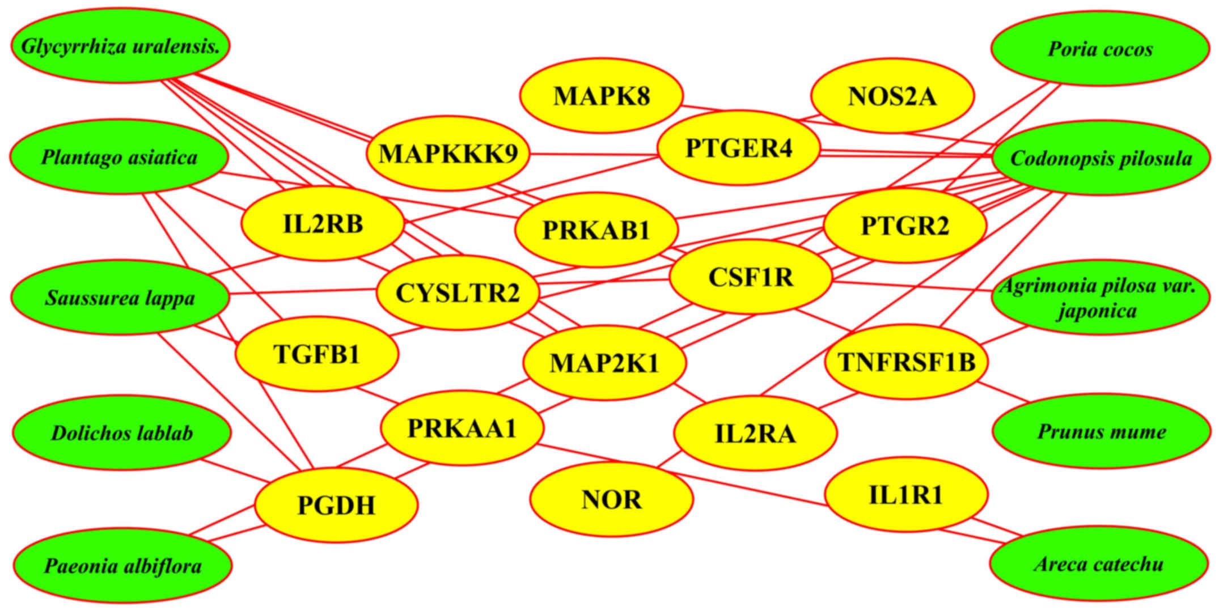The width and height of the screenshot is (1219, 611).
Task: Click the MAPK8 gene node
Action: pos(602,96)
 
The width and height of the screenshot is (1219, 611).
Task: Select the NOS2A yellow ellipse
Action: pos(892,96)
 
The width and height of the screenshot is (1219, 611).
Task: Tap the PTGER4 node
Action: pos(739,148)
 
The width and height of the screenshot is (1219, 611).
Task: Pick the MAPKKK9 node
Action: pos(448,154)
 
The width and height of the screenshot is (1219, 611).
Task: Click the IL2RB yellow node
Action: pos(323,224)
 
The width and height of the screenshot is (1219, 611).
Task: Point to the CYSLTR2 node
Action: pos(458,293)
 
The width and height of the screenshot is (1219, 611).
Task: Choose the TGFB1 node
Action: pos(317,354)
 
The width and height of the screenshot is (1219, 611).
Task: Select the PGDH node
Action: pos(336,505)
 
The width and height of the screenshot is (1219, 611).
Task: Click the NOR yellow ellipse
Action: pos(611,499)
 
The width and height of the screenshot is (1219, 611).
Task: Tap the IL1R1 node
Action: pos(906,495)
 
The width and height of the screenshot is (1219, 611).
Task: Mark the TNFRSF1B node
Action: pos(906,362)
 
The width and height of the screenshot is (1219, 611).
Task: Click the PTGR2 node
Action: pos(905,226)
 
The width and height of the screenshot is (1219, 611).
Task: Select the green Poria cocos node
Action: pos(1100,49)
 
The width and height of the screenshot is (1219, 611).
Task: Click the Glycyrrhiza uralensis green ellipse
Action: pos(120,46)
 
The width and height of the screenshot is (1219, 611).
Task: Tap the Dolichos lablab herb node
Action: pos(122,433)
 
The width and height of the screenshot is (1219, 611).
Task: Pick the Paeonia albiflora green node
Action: pos(122,566)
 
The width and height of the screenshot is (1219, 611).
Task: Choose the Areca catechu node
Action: pos(1099,564)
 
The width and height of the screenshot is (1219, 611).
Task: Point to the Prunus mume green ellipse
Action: pos(1102,432)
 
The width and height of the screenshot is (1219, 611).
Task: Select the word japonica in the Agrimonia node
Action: pos(1097,311)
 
